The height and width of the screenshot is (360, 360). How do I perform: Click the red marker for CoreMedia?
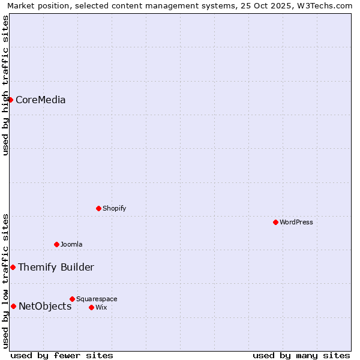11,100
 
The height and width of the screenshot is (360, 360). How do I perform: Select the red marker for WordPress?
275,222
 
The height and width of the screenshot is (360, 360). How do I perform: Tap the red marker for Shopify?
98,208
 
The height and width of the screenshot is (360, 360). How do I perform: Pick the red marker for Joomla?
56,244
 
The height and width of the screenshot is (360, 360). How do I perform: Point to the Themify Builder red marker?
13,267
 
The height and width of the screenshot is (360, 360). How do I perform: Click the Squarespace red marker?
72,299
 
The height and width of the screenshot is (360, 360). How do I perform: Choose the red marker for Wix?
91,307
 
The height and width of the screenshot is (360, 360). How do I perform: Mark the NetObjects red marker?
13,306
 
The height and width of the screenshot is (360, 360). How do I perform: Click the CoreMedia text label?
41,100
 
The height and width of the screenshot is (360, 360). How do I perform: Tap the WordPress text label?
296,222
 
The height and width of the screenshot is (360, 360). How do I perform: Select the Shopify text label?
114,208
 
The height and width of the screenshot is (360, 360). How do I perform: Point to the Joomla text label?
71,244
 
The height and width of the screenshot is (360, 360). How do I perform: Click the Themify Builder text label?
56,267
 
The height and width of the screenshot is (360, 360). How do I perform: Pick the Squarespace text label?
97,299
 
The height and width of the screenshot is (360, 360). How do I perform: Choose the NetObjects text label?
45,306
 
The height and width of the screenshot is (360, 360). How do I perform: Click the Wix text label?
101,307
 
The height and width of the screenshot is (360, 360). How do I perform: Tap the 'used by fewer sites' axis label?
62,355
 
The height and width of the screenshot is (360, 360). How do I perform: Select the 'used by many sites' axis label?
301,355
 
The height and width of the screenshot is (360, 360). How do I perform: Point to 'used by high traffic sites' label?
5,85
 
